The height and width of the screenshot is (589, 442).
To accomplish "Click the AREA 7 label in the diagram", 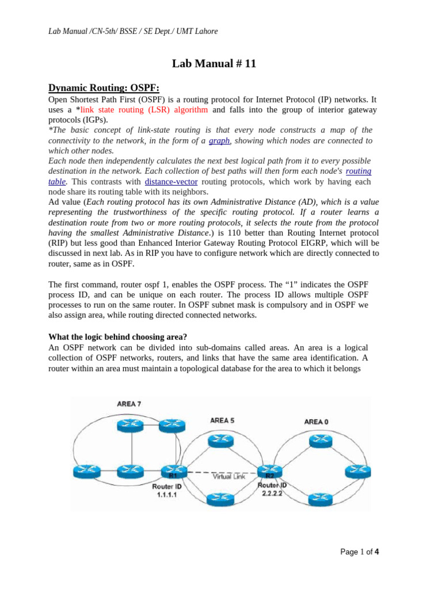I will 128,404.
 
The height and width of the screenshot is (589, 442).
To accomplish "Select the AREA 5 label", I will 222,420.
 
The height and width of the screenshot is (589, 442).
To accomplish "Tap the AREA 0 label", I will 316,422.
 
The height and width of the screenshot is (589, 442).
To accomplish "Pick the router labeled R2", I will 269,471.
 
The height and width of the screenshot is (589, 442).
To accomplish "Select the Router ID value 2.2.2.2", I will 272,494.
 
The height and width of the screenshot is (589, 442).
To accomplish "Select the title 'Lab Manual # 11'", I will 214,64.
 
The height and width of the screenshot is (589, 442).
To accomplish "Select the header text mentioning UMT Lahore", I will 133,30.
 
